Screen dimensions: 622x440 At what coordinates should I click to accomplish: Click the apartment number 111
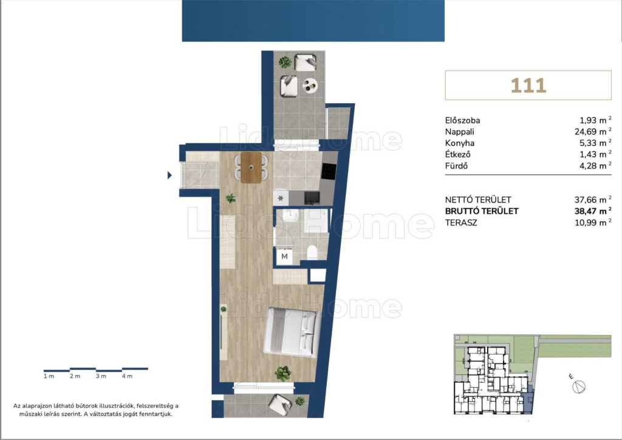click(x=528, y=85)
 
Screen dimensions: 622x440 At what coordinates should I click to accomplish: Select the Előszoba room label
click(x=462, y=120)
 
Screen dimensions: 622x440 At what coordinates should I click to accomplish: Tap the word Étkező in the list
click(x=457, y=154)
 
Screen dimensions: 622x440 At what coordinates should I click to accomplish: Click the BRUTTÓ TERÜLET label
click(x=482, y=211)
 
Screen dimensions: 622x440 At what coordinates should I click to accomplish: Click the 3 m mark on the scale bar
click(x=101, y=376)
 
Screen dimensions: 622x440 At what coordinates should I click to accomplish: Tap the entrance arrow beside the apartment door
click(x=169, y=175)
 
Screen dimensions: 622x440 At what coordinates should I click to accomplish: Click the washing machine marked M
click(x=284, y=256)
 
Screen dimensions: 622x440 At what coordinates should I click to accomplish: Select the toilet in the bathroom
click(x=312, y=253)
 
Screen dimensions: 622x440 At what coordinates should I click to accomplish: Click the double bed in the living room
click(x=292, y=332)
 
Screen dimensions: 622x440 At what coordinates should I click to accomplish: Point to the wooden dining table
click(x=251, y=167)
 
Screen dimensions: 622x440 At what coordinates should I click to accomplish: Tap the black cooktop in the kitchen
click(x=329, y=171)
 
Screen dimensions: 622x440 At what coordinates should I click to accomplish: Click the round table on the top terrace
click(x=310, y=85)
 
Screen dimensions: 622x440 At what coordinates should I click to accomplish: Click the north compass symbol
click(x=579, y=386)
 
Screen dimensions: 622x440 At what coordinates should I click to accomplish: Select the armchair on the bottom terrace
click(x=281, y=404)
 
